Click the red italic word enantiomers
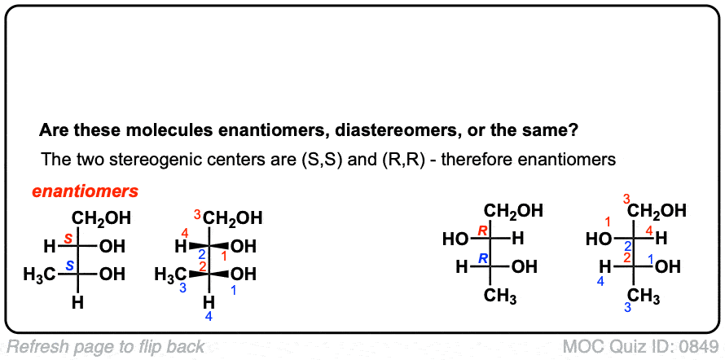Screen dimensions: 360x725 (85, 192)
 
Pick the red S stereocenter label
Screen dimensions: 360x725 (69, 235)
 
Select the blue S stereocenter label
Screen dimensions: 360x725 (70, 266)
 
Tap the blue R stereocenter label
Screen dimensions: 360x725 (483, 259)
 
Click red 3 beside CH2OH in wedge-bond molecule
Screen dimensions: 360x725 (197, 214)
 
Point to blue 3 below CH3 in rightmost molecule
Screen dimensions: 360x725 (627, 307)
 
